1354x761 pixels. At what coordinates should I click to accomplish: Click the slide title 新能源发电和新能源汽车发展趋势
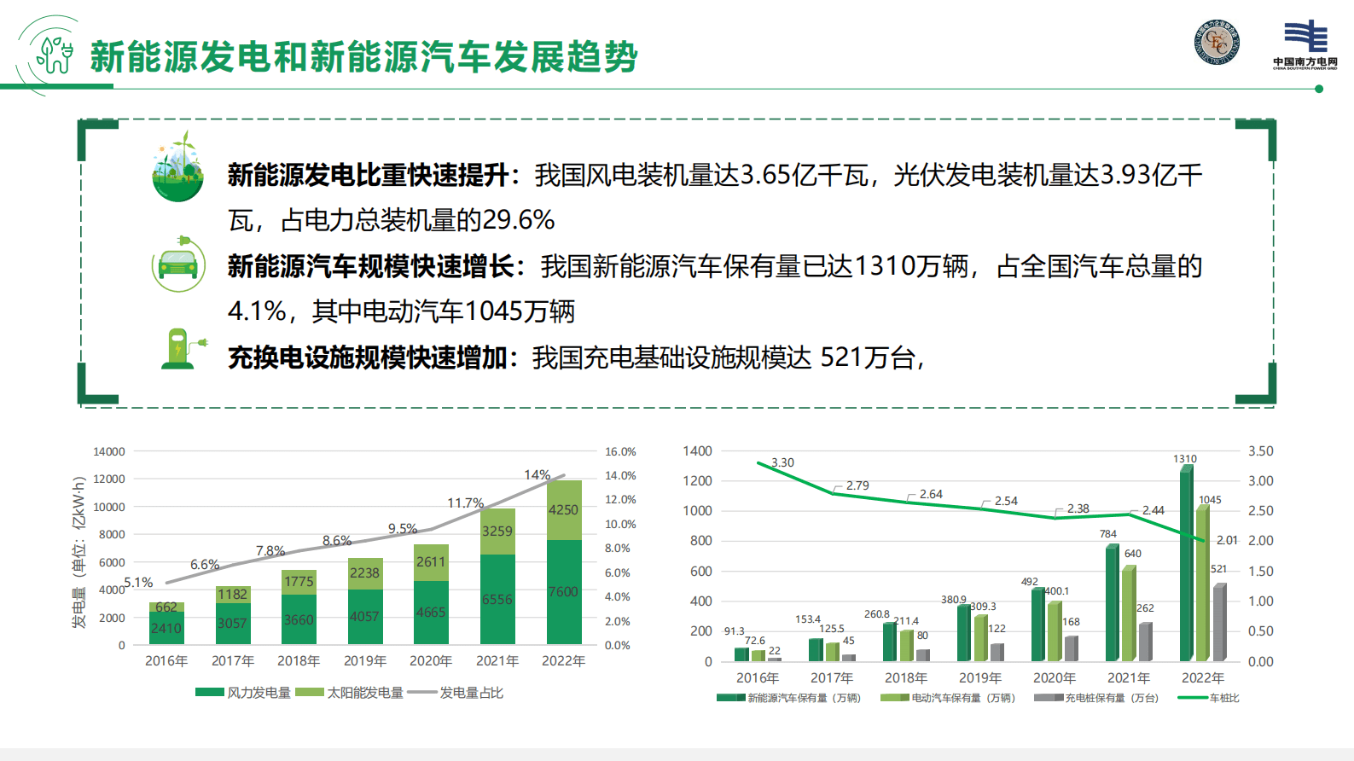[363, 57]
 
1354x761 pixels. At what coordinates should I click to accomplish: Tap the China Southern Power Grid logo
[1305, 44]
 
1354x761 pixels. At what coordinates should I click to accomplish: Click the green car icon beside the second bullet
[177, 265]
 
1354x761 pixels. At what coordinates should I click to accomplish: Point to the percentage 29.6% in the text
[518, 220]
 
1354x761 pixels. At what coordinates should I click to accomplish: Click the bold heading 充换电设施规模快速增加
[368, 357]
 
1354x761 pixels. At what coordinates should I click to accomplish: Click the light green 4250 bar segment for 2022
[563, 510]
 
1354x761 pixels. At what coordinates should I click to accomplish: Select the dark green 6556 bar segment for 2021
[497, 599]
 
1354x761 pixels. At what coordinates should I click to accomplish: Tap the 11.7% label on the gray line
[465, 503]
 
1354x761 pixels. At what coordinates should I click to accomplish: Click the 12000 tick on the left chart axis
[109, 479]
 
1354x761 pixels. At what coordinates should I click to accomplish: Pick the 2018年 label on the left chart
[299, 661]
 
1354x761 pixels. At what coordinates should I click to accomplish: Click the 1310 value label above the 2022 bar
[1185, 459]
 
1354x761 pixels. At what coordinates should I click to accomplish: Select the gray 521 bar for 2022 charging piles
[1219, 623]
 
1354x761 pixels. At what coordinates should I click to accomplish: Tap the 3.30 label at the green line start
[782, 462]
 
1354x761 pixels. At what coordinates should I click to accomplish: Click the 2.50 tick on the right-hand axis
[1260, 511]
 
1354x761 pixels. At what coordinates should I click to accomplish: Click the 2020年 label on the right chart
[1054, 678]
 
